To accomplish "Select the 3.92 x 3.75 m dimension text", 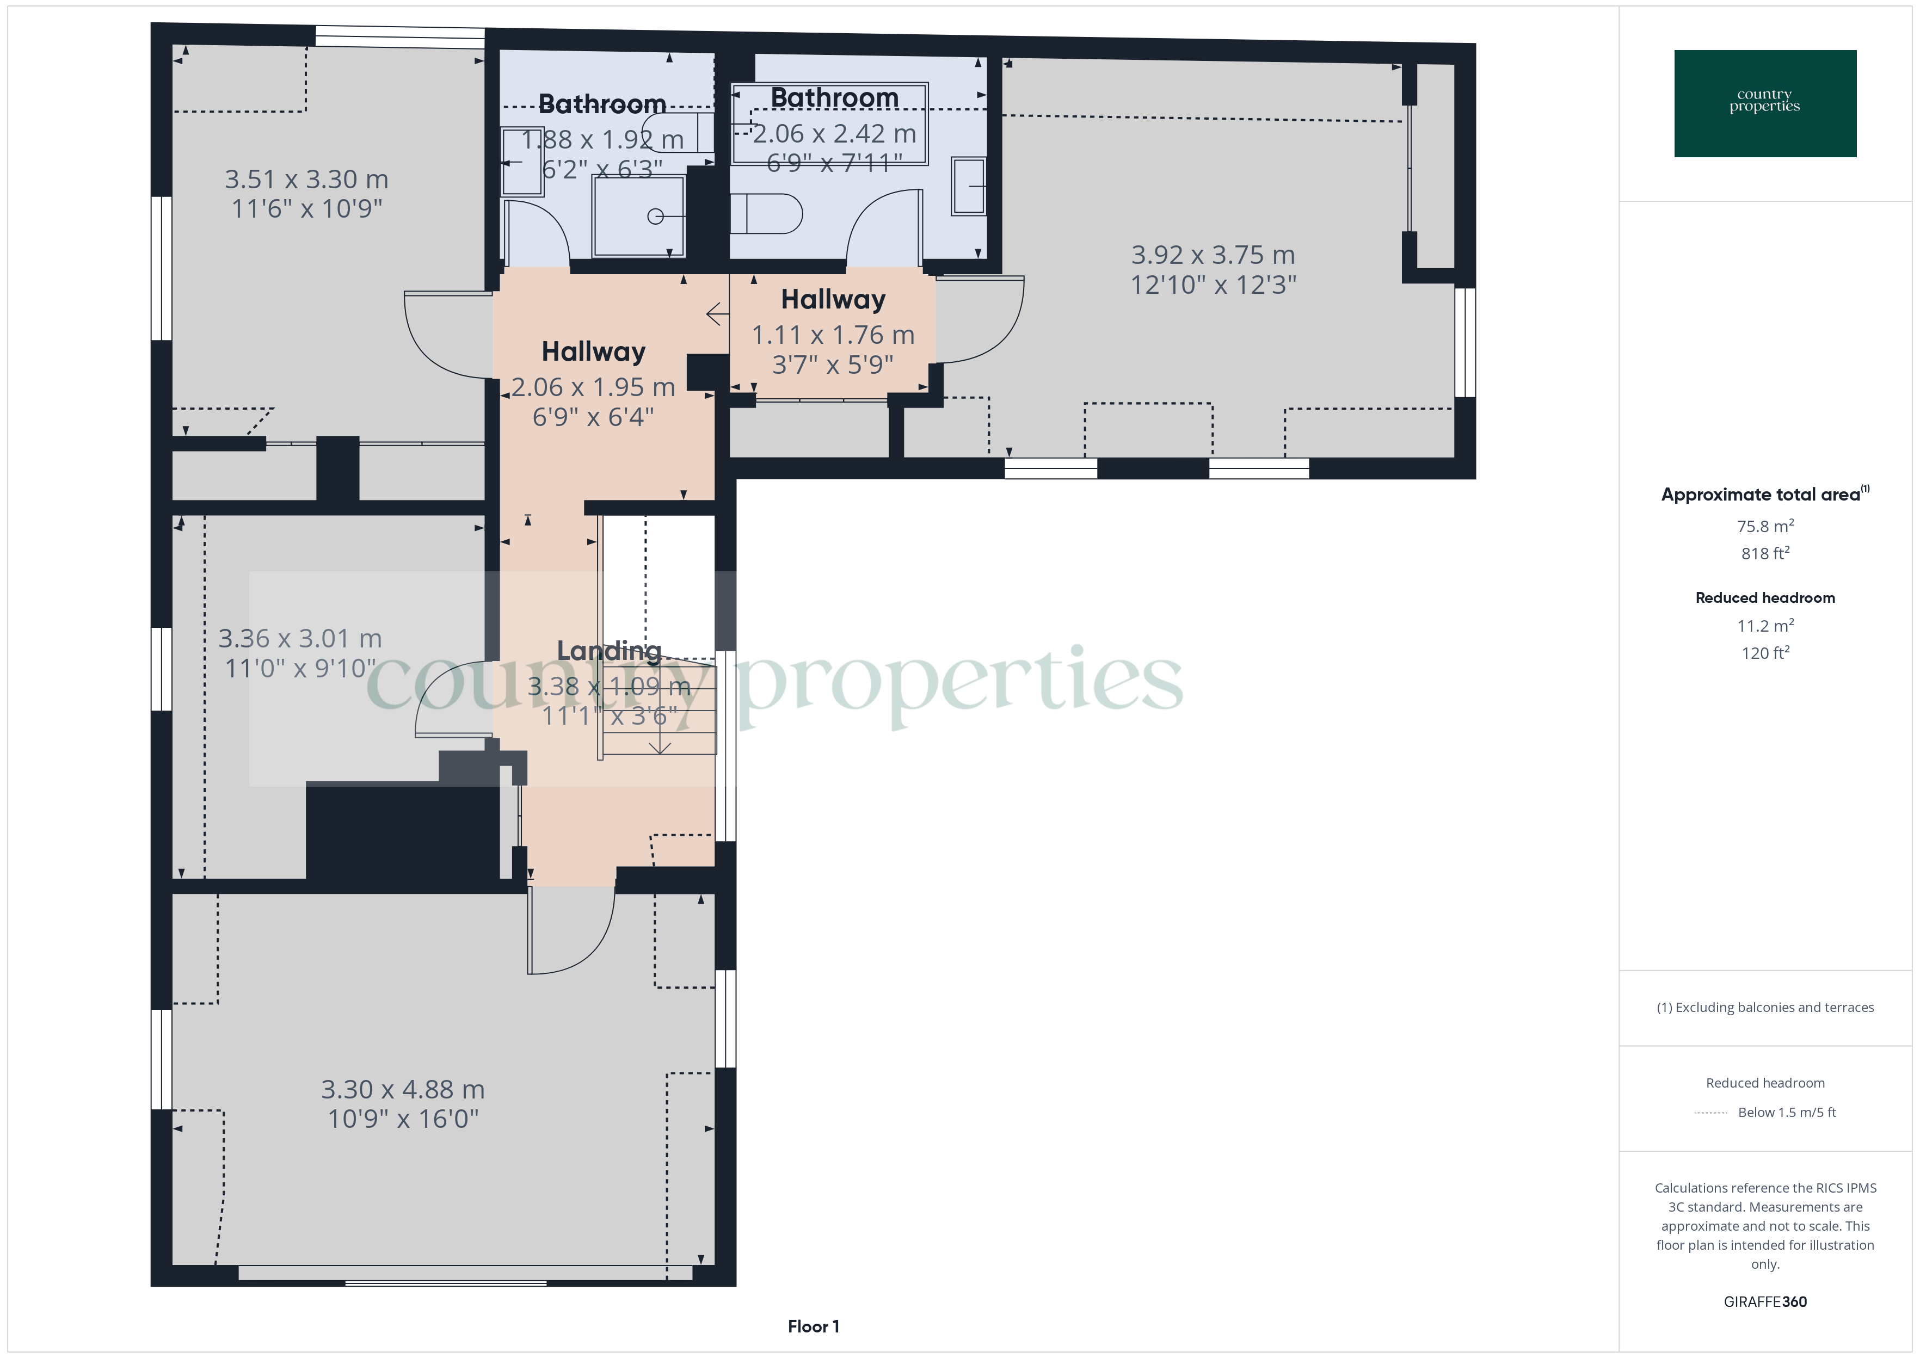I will [1213, 255].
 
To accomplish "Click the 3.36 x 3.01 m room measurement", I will [299, 639].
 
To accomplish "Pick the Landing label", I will [609, 651].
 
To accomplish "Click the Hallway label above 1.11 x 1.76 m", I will [833, 299].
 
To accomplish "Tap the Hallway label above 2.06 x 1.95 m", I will [593, 351].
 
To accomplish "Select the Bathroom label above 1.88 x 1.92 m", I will [601, 104].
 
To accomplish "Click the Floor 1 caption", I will [813, 1326].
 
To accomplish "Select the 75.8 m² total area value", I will [1764, 526].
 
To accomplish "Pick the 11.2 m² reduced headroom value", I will [1764, 626].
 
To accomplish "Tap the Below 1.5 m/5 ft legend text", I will [1786, 1112].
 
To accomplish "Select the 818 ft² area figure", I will [1764, 553].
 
